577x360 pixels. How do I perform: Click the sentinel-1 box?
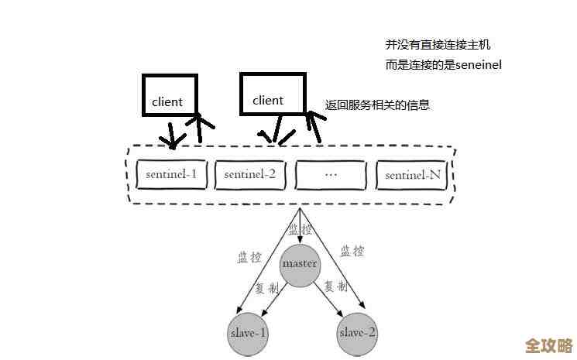[171, 174]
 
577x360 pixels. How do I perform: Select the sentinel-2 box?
[250, 174]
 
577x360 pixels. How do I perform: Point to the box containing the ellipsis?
[331, 174]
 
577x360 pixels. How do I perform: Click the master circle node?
[300, 264]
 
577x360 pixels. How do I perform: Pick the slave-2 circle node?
[357, 333]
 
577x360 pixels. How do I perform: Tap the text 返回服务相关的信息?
[377, 105]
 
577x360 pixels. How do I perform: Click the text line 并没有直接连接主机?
[438, 45]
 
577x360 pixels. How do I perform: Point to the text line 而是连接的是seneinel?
[443, 65]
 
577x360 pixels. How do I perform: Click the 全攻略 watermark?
[548, 345]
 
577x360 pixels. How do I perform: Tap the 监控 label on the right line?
[352, 250]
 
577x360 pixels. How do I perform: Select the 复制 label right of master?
[335, 286]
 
